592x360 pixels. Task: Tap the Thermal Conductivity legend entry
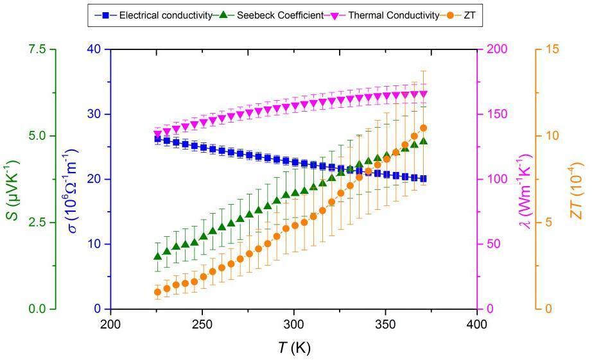(393, 15)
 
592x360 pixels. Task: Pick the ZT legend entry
(469, 15)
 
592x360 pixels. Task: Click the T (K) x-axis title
(294, 348)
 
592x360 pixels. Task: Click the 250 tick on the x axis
(202, 322)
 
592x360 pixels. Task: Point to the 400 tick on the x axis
(476, 322)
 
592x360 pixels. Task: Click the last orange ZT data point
(423, 128)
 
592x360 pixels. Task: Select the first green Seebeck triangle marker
(157, 256)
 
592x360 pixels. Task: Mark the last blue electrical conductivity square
(423, 178)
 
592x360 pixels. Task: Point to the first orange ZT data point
(157, 292)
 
